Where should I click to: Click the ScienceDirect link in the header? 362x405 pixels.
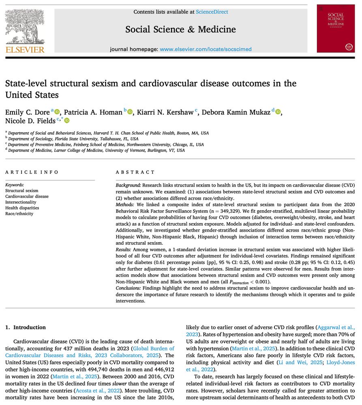pos(212,12)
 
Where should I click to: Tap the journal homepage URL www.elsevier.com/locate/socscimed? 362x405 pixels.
pos(206,49)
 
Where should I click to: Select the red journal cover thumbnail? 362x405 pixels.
pos(335,28)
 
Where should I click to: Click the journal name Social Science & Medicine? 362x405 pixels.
pos(180,29)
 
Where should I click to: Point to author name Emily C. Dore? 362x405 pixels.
pos(28,112)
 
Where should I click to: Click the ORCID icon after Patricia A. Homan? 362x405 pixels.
pos(130,112)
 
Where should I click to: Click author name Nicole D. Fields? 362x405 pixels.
pos(30,121)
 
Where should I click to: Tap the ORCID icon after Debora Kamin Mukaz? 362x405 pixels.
pos(278,112)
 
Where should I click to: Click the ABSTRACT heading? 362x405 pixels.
pos(135,173)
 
